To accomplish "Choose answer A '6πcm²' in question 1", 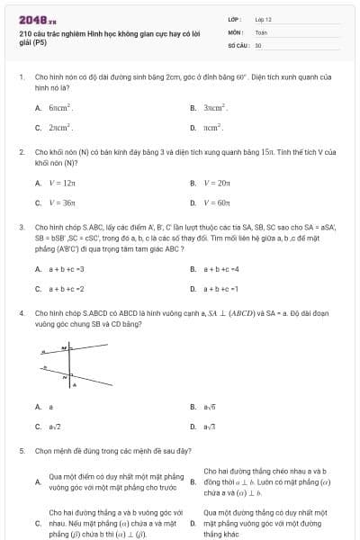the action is tap(60, 108).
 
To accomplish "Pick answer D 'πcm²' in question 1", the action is tap(212, 128).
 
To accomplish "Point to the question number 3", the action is tap(22, 228).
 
